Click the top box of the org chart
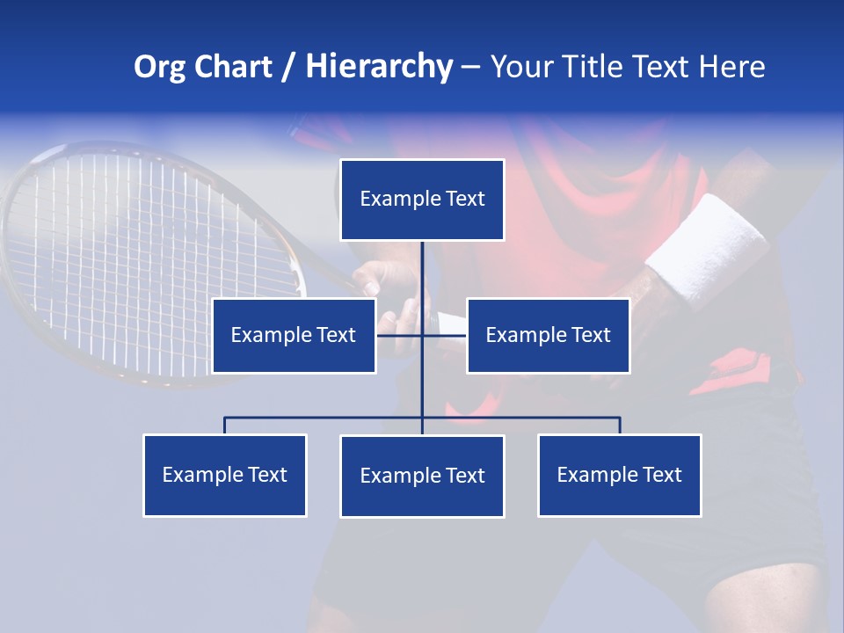point(422,200)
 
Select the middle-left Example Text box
point(294,335)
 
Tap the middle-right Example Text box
point(548,335)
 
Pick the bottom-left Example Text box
point(225,475)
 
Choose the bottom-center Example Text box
point(422,476)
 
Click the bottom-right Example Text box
point(620,475)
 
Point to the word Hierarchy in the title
point(379,67)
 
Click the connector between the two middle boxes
point(400,334)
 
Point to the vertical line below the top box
point(422,273)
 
